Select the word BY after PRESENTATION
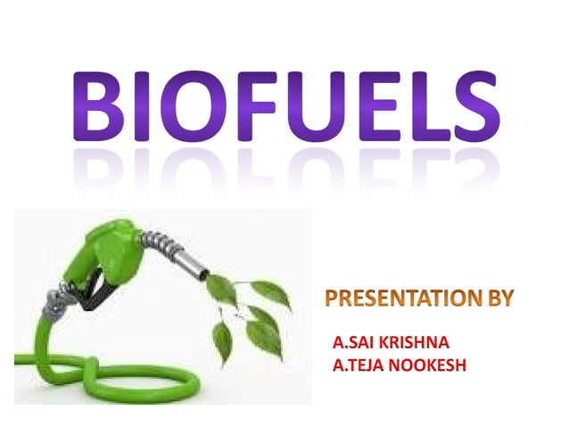click(x=498, y=299)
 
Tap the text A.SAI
click(x=353, y=342)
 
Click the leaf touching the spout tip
click(x=220, y=289)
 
